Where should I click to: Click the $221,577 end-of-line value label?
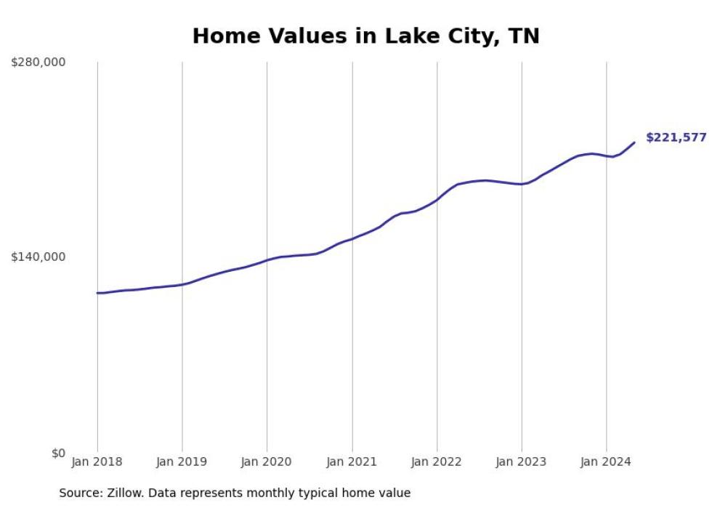[x=676, y=137]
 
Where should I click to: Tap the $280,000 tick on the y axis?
[x=38, y=63]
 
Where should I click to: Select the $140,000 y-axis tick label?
[x=38, y=257]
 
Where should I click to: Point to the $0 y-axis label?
[x=58, y=453]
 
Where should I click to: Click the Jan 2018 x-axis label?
[x=97, y=461]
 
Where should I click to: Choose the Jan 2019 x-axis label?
[x=182, y=461]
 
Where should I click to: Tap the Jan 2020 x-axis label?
[x=267, y=461]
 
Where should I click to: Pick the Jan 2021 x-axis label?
[x=352, y=461]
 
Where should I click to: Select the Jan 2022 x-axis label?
[x=437, y=461]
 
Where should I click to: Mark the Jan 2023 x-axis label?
[x=522, y=461]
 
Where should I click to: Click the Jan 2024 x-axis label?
[x=607, y=461]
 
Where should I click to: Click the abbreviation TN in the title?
[x=524, y=36]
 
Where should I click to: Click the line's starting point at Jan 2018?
[x=97, y=293]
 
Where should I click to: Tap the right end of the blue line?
[x=634, y=142]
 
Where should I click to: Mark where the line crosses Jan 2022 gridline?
[x=437, y=200]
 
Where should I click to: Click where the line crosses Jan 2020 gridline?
[x=267, y=260]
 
